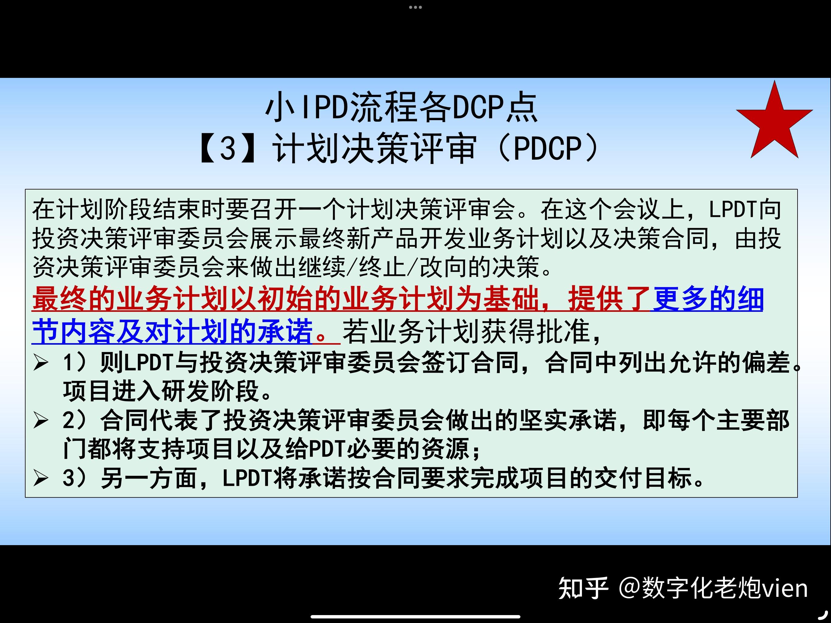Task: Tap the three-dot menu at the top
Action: tap(415, 7)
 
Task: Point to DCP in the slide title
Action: tap(477, 108)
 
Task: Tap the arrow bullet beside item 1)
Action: tap(40, 363)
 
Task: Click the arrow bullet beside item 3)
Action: tap(40, 478)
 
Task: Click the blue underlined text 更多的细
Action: tap(708, 299)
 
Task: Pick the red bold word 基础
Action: tap(511, 299)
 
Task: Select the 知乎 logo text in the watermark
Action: tap(583, 588)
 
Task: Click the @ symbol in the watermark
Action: tap(629, 588)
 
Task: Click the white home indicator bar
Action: tap(415, 616)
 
